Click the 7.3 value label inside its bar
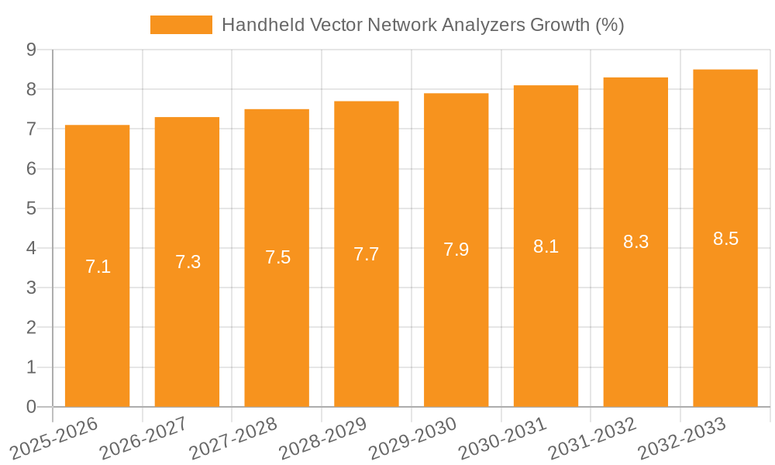point(188,262)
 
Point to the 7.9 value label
point(456,250)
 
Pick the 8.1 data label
point(546,246)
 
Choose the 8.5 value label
point(725,239)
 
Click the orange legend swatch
point(181,25)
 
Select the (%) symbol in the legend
point(609,25)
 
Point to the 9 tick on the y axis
point(31,50)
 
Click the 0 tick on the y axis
point(31,407)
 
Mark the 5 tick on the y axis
point(31,208)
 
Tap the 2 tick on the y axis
point(31,328)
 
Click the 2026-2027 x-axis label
point(143,438)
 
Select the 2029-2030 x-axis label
point(412,438)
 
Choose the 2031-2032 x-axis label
point(591,438)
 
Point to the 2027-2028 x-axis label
point(232,438)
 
